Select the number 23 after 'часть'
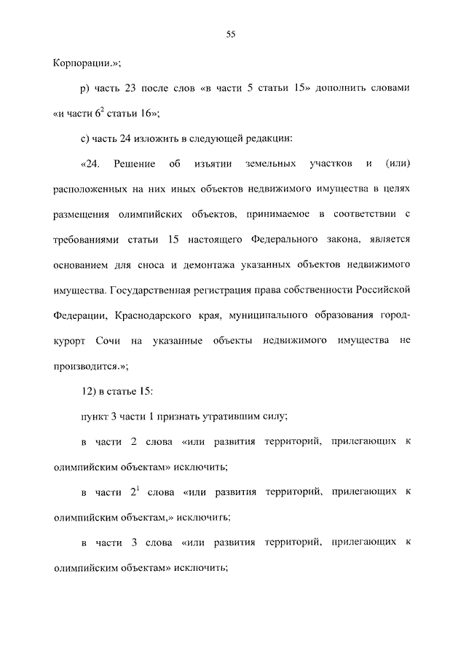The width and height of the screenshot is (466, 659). (125, 88)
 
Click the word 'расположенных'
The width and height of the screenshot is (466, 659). (88, 189)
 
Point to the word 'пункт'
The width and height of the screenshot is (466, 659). (94, 417)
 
